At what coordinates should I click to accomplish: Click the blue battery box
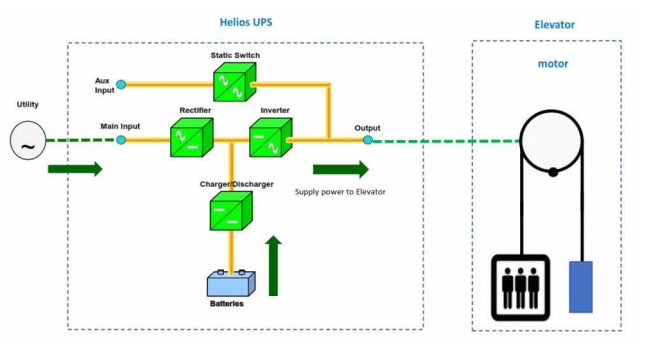pyautogui.click(x=231, y=284)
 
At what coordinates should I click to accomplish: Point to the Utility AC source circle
pyautogui.click(x=28, y=141)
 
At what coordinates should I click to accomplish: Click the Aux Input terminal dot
pyautogui.click(x=120, y=84)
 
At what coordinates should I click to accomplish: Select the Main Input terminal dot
pyautogui.click(x=121, y=140)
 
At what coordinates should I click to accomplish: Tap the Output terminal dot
pyautogui.click(x=367, y=140)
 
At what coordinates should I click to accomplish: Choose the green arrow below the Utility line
pyautogui.click(x=74, y=169)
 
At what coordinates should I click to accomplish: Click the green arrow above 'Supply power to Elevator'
pyautogui.click(x=340, y=169)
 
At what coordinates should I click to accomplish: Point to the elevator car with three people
pyautogui.click(x=520, y=287)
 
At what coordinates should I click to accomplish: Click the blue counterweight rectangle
pyautogui.click(x=581, y=287)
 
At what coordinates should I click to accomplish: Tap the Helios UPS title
pyautogui.click(x=246, y=22)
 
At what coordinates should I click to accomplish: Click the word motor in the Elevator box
pyautogui.click(x=553, y=64)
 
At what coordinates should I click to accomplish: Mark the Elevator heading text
pyautogui.click(x=554, y=24)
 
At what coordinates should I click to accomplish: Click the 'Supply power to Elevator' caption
pyautogui.click(x=340, y=191)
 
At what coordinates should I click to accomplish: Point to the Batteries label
pyautogui.click(x=226, y=303)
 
